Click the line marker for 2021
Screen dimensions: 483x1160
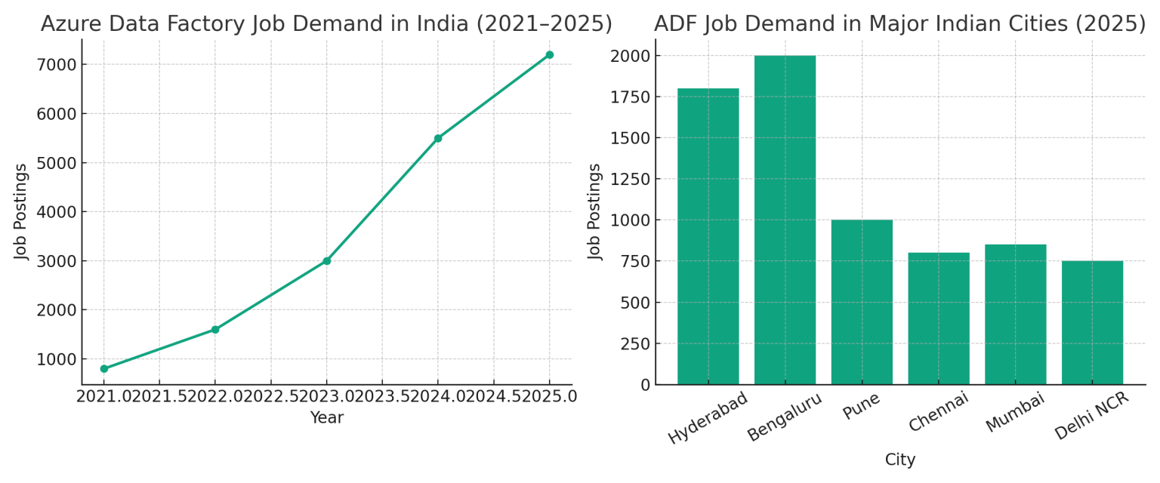click(104, 369)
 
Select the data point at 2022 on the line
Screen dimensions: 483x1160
click(215, 330)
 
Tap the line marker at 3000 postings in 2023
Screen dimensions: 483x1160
click(327, 261)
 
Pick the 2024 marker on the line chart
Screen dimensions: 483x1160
click(438, 138)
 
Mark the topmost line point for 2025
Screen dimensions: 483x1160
click(549, 54)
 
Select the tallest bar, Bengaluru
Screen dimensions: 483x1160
click(785, 220)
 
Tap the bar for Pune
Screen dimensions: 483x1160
click(862, 302)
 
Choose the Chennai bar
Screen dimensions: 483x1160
click(939, 318)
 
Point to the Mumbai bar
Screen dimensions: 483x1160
click(1015, 314)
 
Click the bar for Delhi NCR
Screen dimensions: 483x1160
click(1092, 322)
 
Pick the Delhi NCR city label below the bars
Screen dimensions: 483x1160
click(1091, 416)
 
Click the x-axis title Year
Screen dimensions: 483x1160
click(326, 418)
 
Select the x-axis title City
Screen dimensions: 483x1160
click(900, 460)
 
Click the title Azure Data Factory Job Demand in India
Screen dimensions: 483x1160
click(326, 23)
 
